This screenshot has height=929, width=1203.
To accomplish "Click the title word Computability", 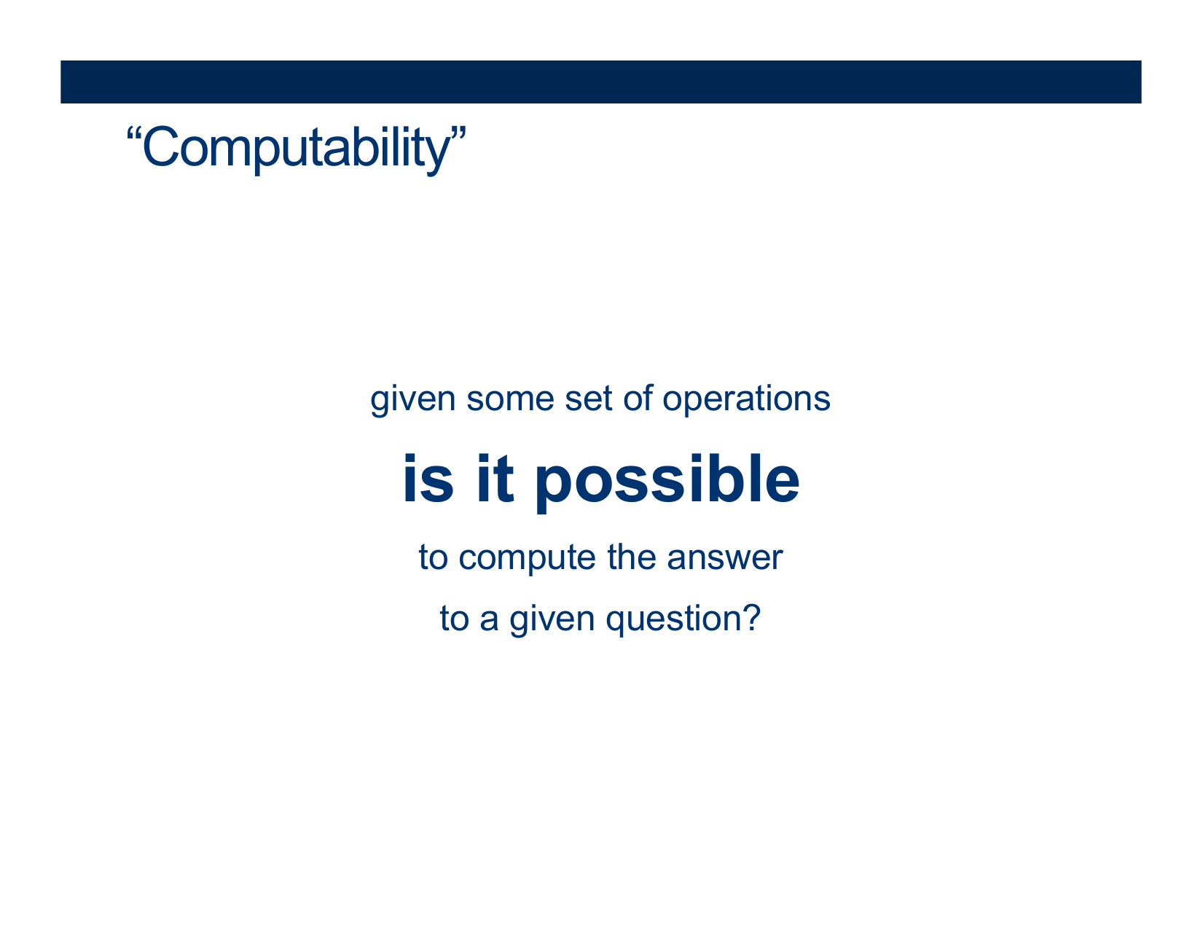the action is pyautogui.click(x=297, y=149).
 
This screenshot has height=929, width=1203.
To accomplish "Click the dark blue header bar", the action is pyautogui.click(x=601, y=82).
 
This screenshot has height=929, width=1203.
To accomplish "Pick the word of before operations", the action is pyautogui.click(x=638, y=399).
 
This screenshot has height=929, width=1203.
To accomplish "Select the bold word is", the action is pyautogui.click(x=428, y=478).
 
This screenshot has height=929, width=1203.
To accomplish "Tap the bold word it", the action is pyautogui.click(x=495, y=478).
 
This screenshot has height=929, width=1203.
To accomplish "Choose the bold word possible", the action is pyautogui.click(x=667, y=482).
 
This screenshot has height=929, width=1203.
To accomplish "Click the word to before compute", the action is pyautogui.click(x=433, y=557).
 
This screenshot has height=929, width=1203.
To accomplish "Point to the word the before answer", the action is pyautogui.click(x=632, y=557).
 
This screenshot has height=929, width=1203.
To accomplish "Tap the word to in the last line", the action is pyautogui.click(x=454, y=619).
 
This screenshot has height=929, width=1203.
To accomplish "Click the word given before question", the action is pyautogui.click(x=552, y=620).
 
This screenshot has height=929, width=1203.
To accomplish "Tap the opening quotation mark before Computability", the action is pyautogui.click(x=135, y=135).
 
